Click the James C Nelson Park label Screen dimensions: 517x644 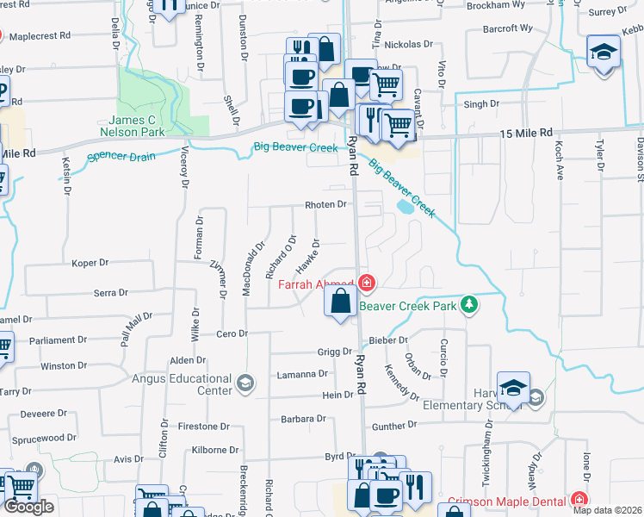point(135,127)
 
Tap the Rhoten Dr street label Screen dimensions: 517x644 point(325,205)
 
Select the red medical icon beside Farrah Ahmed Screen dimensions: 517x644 point(367,282)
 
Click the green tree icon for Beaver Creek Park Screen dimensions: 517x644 point(469,305)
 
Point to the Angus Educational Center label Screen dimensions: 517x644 point(183,384)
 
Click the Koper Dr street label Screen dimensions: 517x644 point(90,262)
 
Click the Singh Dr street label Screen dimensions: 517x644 point(481,104)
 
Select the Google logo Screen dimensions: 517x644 point(28,507)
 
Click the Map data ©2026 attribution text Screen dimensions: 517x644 point(606,510)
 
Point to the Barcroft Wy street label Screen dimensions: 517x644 point(508,28)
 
